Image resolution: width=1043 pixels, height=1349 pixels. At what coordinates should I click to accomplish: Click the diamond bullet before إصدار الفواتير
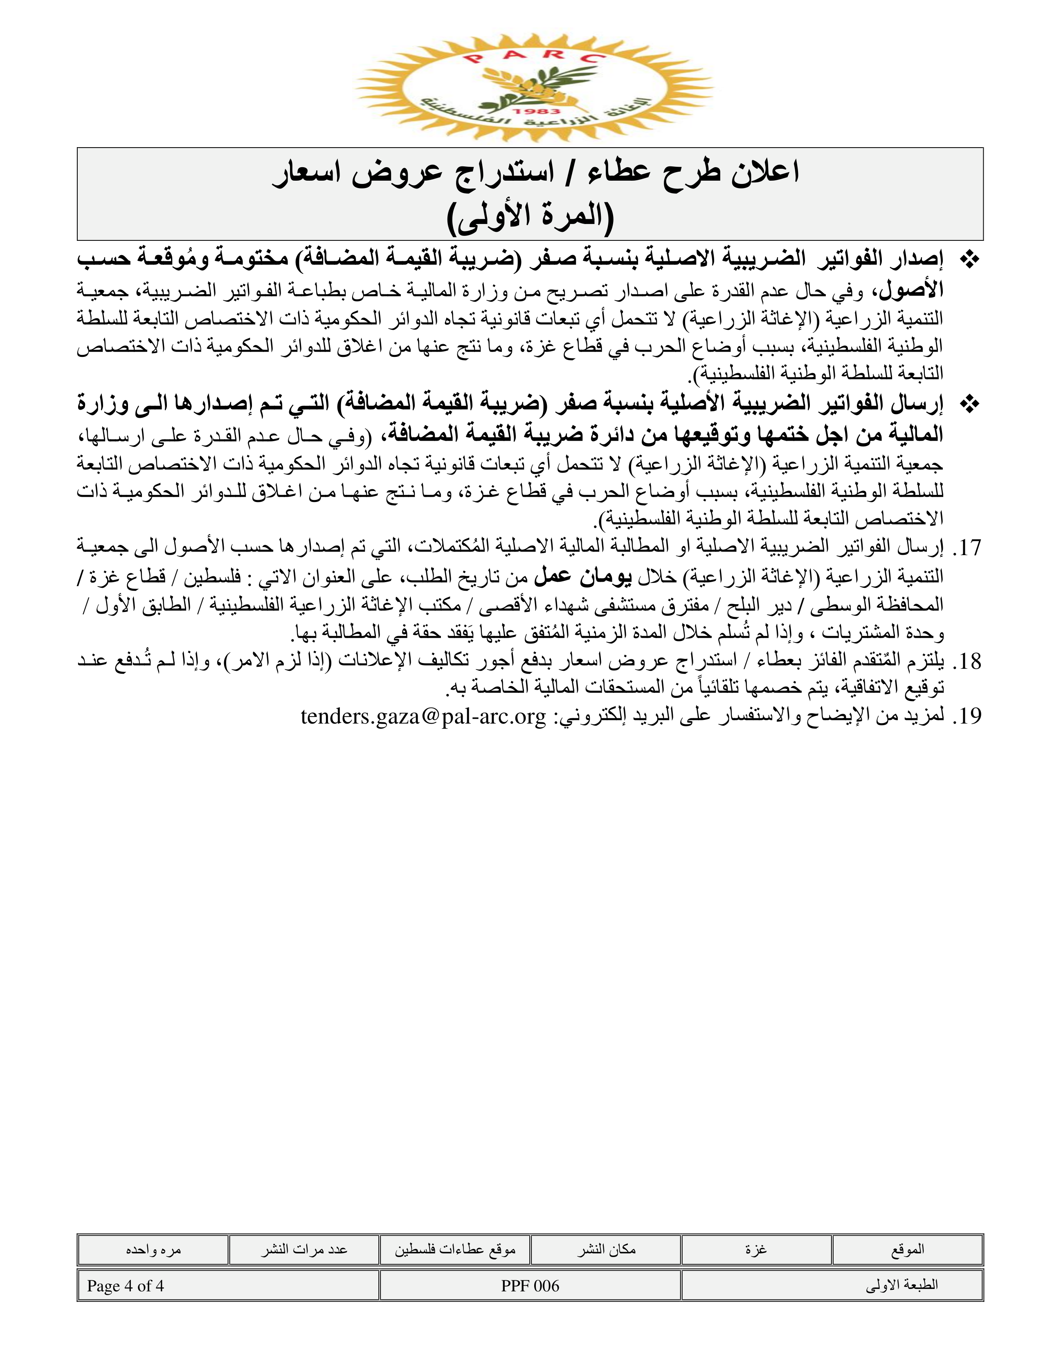click(x=969, y=260)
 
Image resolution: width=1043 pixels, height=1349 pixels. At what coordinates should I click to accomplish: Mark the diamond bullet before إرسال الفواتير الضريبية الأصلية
click(x=969, y=405)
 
